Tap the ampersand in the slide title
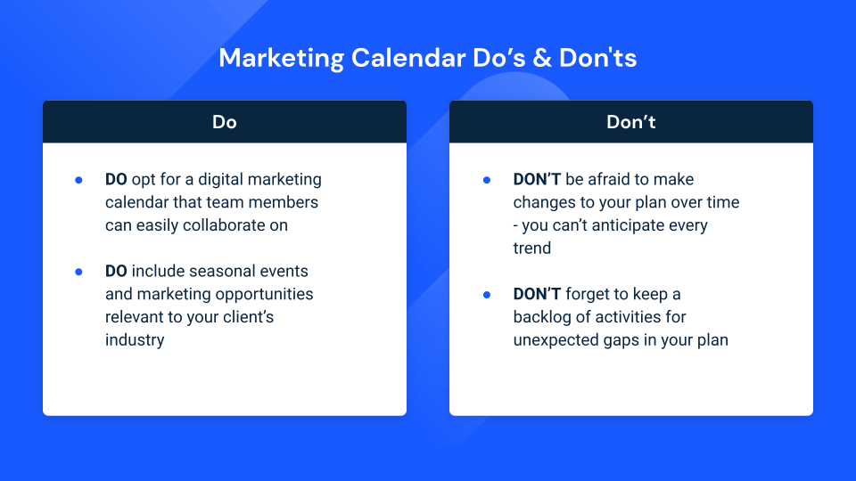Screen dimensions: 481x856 540,59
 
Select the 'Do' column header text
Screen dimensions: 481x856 225,122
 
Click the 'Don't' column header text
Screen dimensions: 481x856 630,122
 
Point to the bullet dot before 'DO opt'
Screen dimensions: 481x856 78,180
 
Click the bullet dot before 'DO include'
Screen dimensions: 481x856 78,271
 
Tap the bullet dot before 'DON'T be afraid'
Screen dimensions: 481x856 486,180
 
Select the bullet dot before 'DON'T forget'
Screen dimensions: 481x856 486,294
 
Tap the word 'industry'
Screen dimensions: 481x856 135,339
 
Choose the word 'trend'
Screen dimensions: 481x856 532,249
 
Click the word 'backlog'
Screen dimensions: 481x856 540,317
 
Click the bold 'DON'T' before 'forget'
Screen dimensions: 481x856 535,294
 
